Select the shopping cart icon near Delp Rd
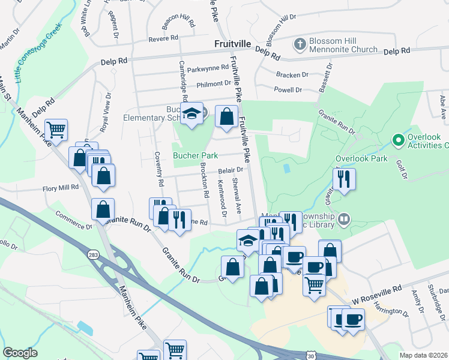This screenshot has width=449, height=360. pyautogui.click(x=56, y=129)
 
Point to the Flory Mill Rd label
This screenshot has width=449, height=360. pyautogui.click(x=61, y=188)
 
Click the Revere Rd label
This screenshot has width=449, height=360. pyautogui.click(x=164, y=38)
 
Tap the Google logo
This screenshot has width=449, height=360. pyautogui.click(x=20, y=352)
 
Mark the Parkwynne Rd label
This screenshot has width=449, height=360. pyautogui.click(x=205, y=70)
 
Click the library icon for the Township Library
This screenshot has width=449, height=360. pyautogui.click(x=344, y=219)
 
